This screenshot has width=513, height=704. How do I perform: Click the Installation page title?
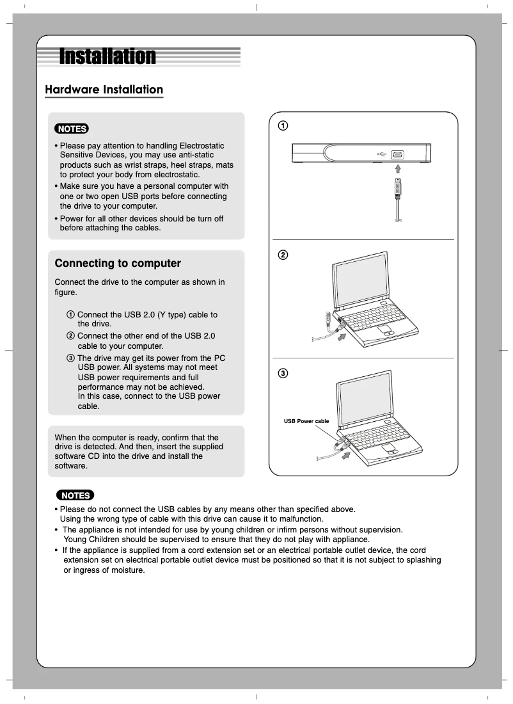pos(107,56)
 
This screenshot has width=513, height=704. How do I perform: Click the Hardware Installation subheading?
pos(104,90)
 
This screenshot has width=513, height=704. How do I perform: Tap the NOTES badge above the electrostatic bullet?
pos(72,129)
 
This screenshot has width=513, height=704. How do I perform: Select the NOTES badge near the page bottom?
pos(75,495)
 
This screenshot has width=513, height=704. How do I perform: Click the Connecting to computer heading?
pos(118,263)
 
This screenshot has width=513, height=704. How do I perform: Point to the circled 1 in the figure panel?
pos(282,125)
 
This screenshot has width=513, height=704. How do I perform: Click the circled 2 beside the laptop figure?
pos(282,255)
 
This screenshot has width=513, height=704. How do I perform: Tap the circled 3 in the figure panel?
pos(282,373)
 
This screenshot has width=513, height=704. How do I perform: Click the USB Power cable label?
pos(306,421)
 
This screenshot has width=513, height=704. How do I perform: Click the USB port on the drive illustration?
pos(397,155)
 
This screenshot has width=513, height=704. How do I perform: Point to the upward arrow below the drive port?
pos(397,168)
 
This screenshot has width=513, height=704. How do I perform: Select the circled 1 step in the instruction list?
pos(70,315)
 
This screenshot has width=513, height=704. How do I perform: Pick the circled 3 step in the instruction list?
pos(70,358)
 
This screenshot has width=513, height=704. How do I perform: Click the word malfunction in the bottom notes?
pos(301,519)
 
